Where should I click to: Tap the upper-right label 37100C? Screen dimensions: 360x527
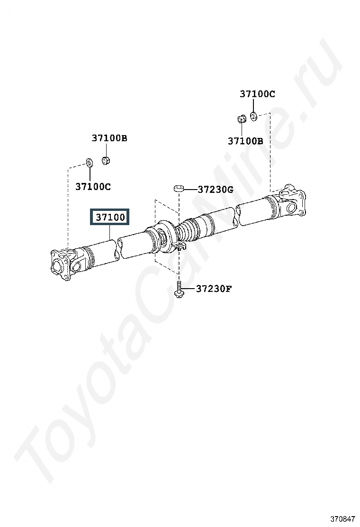(x=257, y=94)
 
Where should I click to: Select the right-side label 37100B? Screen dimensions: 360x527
(x=245, y=141)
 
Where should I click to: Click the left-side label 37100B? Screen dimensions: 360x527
(x=109, y=138)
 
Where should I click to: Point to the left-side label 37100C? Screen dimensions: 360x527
(x=93, y=187)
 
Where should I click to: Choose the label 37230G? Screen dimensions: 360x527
(x=215, y=190)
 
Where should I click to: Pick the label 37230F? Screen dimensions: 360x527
(x=214, y=289)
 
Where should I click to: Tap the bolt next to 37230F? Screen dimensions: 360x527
(x=180, y=290)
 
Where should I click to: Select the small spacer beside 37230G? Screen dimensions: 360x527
(x=178, y=188)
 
